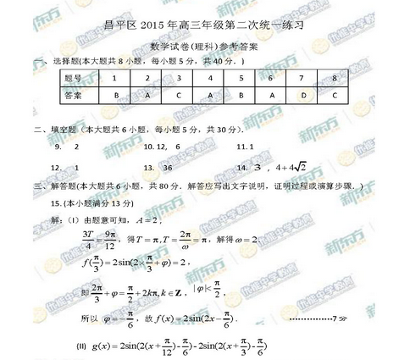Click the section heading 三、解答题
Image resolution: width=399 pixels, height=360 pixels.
tap(51, 186)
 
